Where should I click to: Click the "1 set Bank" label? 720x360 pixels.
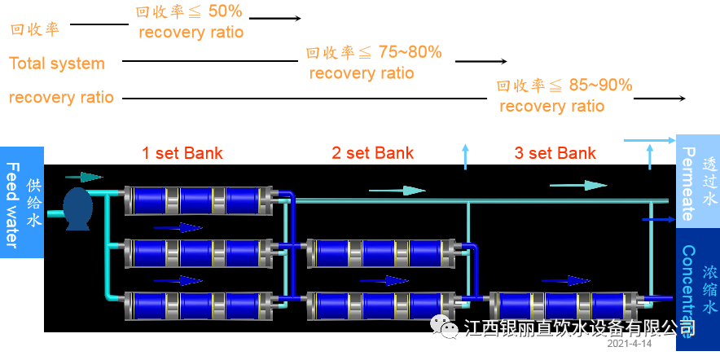tap(182, 153)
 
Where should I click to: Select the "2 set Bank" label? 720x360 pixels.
tap(372, 153)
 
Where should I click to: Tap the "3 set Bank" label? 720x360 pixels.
tap(555, 153)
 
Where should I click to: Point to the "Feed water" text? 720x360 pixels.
tap(12, 204)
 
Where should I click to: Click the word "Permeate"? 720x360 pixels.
tap(687, 184)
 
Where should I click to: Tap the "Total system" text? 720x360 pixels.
tap(57, 64)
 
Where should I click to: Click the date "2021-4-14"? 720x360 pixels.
tap(630, 345)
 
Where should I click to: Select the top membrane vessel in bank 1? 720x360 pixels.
tap(198, 200)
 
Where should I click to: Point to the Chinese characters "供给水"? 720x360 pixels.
tap(33, 201)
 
